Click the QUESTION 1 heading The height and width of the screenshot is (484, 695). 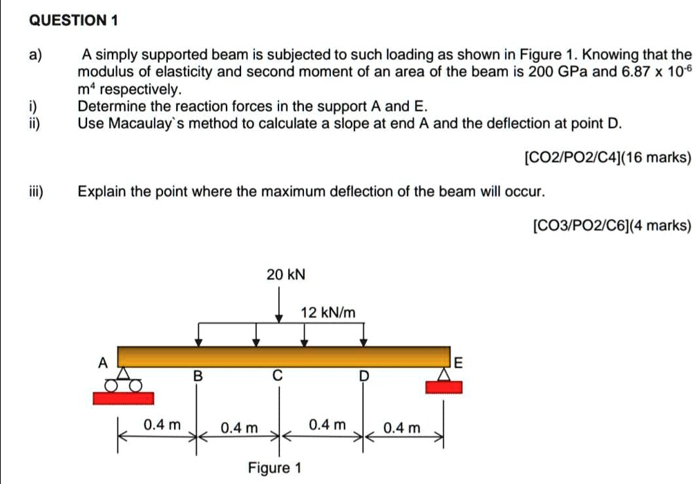(75, 21)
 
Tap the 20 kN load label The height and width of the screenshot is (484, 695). (285, 275)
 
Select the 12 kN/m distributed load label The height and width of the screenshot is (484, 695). (328, 313)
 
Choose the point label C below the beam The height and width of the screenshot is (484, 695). (278, 376)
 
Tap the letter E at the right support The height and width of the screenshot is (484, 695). (458, 361)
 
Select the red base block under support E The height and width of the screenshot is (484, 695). (443, 386)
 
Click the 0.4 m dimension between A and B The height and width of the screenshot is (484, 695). (162, 425)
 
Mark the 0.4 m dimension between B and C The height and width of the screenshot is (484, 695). (239, 428)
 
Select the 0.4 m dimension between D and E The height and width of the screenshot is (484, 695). (401, 428)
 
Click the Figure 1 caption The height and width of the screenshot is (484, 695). (275, 468)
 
